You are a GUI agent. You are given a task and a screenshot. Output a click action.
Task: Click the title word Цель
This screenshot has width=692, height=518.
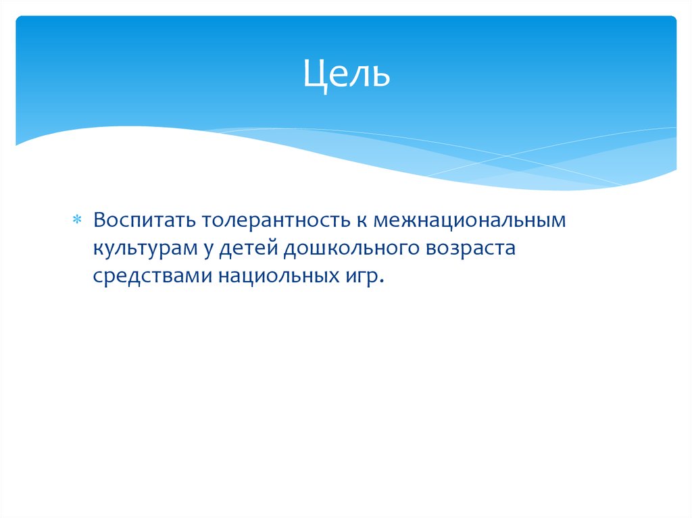pos(346,74)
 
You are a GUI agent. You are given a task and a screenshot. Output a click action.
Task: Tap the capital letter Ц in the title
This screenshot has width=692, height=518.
pos(314,75)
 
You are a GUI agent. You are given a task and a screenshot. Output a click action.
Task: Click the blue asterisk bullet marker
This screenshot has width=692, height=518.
pos(76,221)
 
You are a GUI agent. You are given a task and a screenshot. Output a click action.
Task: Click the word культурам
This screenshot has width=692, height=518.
pos(145,249)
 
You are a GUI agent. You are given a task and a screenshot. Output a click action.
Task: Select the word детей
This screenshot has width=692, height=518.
pos(250,249)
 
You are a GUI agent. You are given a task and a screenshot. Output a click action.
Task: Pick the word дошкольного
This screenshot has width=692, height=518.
pos(351,249)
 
